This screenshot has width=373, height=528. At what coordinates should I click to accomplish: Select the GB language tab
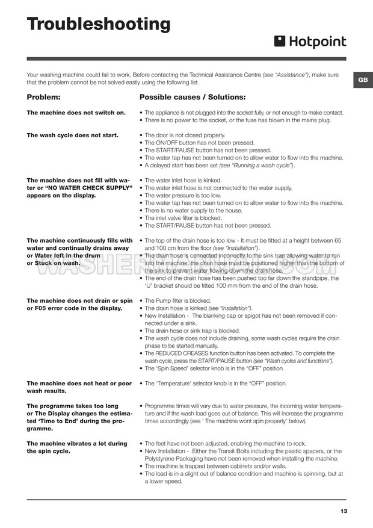click(x=362, y=80)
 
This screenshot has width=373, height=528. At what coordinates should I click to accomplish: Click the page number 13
click(x=344, y=511)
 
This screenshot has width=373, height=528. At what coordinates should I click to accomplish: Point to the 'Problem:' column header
click(x=44, y=97)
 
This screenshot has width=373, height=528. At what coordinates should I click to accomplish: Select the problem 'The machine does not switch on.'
click(x=76, y=113)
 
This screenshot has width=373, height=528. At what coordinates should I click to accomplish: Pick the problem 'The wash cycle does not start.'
click(x=73, y=135)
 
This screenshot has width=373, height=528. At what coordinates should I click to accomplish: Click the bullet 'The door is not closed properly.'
click(x=185, y=135)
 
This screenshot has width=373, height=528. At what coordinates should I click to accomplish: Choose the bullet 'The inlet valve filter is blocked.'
click(x=183, y=218)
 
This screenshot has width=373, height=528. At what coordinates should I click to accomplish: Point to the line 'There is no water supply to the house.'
click(x=194, y=210)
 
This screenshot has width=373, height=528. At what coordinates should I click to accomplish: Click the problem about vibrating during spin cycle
click(x=77, y=447)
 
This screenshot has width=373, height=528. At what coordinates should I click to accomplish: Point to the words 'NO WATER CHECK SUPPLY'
click(x=90, y=187)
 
